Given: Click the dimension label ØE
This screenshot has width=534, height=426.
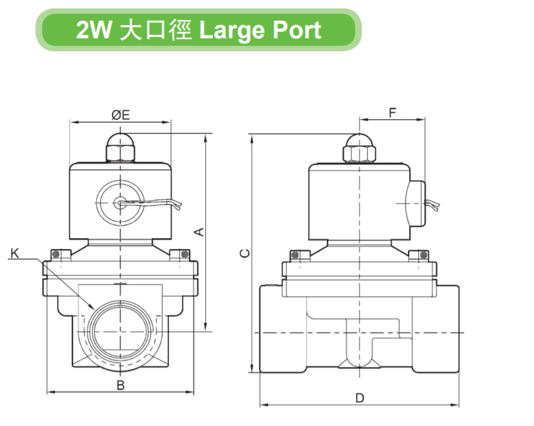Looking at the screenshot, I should pyautogui.click(x=120, y=115).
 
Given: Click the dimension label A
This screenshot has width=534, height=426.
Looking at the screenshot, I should pyautogui.click(x=200, y=231).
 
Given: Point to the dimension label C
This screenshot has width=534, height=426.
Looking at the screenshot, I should pyautogui.click(x=244, y=253).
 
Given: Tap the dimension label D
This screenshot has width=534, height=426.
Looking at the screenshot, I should pyautogui.click(x=360, y=398).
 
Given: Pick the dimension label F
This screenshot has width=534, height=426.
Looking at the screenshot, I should pyautogui.click(x=392, y=112).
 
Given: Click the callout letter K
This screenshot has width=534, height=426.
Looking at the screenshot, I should pyautogui.click(x=14, y=253).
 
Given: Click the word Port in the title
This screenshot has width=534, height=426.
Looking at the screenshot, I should pyautogui.click(x=292, y=30).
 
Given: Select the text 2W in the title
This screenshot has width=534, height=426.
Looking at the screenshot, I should pyautogui.click(x=92, y=30).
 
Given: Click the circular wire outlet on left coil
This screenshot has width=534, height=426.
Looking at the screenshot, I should pyautogui.click(x=120, y=202).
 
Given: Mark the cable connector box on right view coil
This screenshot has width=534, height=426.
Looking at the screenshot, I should pyautogui.click(x=415, y=202).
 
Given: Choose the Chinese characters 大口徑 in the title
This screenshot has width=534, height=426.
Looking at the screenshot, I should pyautogui.click(x=155, y=30).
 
